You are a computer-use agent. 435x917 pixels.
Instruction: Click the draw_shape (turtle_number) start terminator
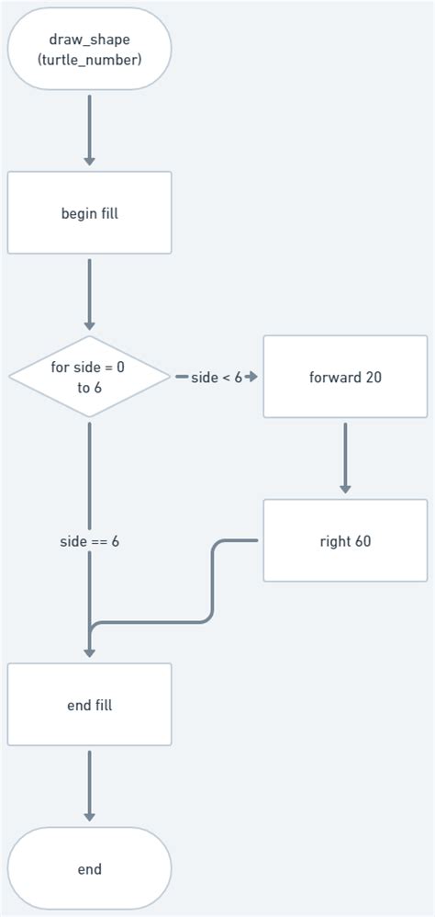coord(89,50)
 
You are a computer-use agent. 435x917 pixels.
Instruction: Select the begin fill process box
coord(89,213)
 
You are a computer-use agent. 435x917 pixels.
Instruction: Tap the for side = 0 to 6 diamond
coord(89,377)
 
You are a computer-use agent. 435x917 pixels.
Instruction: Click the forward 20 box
coord(345,377)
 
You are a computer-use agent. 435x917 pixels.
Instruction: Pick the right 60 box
coord(345,540)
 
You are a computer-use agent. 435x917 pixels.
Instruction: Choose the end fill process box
coord(89,705)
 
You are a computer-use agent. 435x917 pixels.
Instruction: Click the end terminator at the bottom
coord(89,868)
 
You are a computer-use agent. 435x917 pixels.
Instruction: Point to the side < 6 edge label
coord(216,377)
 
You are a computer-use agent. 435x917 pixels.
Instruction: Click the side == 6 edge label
coord(89,541)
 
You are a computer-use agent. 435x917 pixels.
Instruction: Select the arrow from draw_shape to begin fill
coord(89,129)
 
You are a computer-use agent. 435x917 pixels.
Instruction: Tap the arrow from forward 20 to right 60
coord(345,457)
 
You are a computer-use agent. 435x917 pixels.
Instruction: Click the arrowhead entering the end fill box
coord(89,653)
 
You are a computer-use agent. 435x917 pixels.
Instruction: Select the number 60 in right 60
coord(362,540)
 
